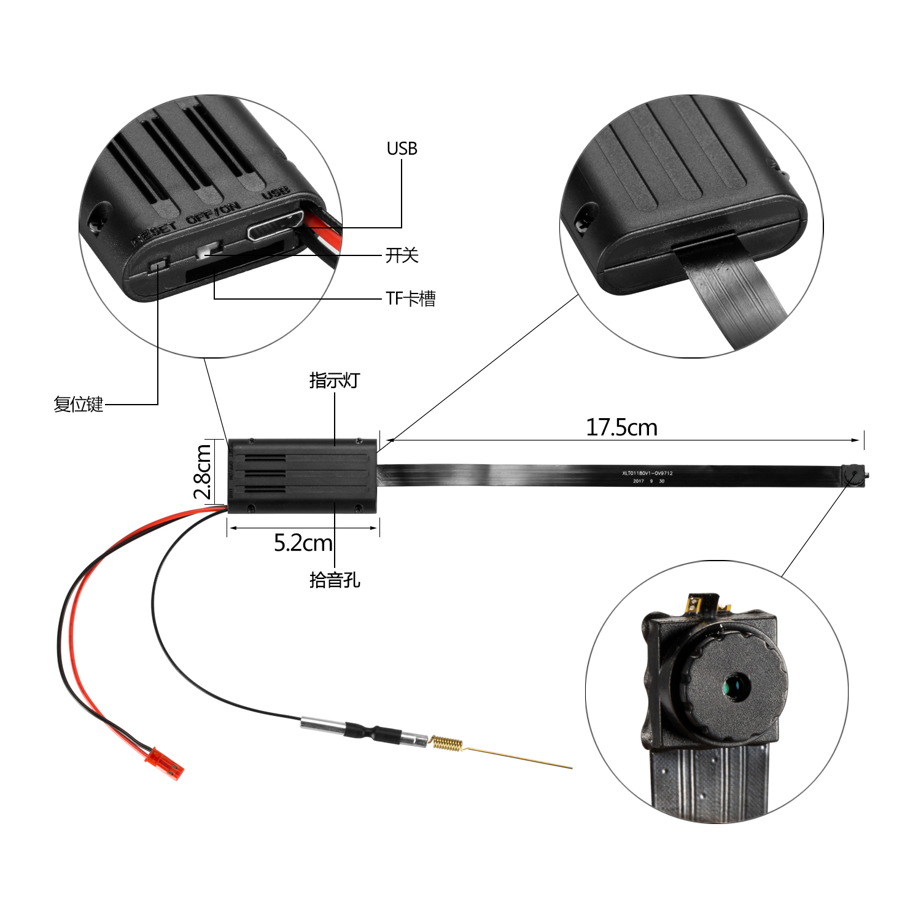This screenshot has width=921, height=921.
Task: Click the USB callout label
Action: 402,149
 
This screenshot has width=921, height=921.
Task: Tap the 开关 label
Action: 402,255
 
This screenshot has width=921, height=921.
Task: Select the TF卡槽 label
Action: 410,299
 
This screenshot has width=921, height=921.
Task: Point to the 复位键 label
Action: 78,404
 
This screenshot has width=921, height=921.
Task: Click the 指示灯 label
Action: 334,381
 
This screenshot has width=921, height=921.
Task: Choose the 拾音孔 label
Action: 335,580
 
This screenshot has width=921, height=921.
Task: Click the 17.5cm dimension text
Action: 621,427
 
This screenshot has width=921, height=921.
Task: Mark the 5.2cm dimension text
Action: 303,543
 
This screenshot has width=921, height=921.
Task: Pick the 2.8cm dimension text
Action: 203,472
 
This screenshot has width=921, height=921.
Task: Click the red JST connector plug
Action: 166,761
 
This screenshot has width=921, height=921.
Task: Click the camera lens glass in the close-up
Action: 735,686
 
